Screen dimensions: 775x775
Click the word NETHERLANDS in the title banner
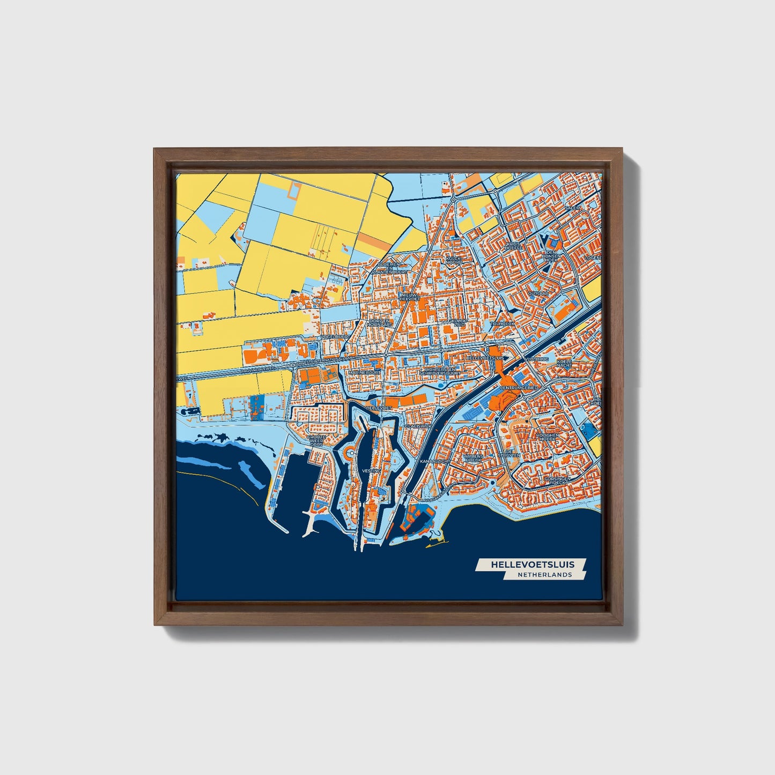pos(544,574)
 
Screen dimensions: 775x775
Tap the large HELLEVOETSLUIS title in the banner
pos(532,564)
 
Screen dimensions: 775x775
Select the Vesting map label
pos(371,470)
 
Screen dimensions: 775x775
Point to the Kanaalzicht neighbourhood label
pos(433,461)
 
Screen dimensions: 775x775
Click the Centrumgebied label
pos(519,387)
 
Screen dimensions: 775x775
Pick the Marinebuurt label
pos(364,372)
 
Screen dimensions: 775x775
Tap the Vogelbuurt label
pos(335,336)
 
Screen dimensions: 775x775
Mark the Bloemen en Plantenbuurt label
pos(392,268)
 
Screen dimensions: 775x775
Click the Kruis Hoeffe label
pos(513,246)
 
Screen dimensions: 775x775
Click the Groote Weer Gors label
pos(316,441)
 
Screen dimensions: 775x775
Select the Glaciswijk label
pos(418,425)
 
